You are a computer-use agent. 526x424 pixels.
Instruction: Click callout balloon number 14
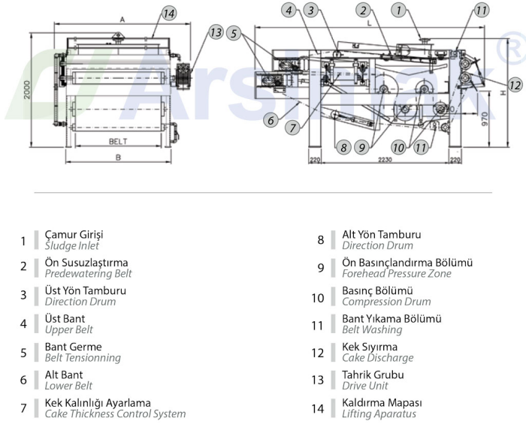click(x=168, y=13)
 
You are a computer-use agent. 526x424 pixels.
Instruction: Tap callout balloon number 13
click(x=216, y=32)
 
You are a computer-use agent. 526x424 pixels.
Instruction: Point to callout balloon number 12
click(x=515, y=85)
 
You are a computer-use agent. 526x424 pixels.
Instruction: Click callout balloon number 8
click(x=343, y=148)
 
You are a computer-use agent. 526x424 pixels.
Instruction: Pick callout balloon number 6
click(x=269, y=119)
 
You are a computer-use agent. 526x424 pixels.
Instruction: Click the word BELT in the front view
click(x=118, y=140)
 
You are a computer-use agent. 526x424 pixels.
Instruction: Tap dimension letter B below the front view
click(x=118, y=158)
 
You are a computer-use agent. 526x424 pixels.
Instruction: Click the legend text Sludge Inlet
click(x=71, y=245)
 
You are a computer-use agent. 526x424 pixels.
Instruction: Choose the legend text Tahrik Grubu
click(x=373, y=374)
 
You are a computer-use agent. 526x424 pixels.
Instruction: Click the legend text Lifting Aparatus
click(x=379, y=413)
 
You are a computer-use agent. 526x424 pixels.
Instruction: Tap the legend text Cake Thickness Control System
click(x=115, y=413)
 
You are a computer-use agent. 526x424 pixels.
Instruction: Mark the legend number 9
click(x=321, y=269)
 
